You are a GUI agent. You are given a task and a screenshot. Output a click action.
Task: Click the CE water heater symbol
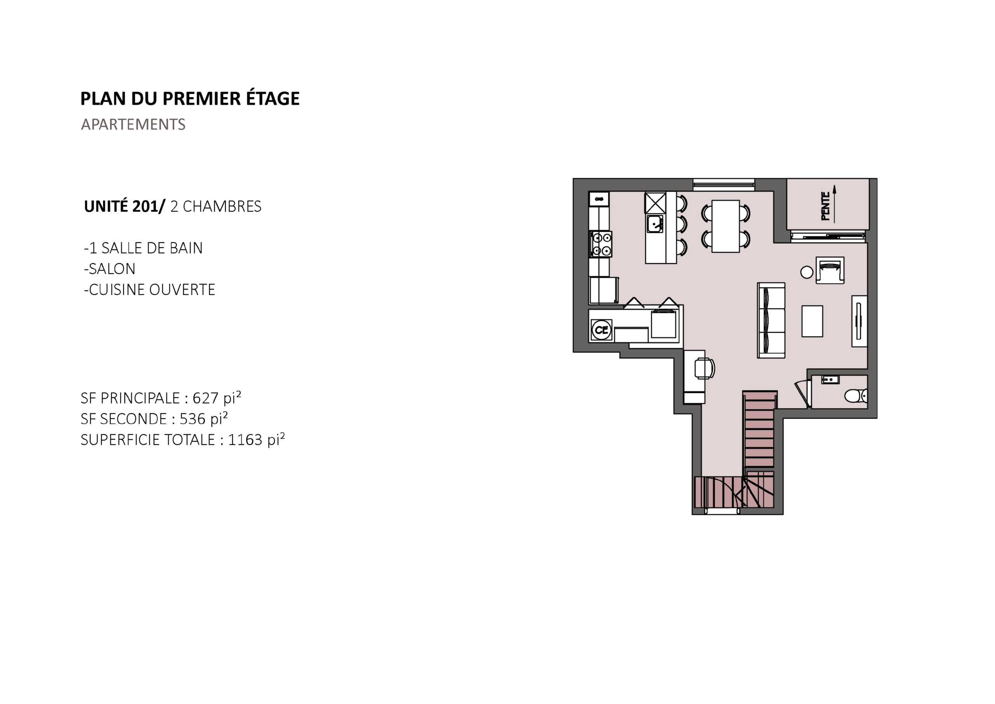[x=602, y=330]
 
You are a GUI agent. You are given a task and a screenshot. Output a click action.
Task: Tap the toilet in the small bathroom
[x=856, y=395]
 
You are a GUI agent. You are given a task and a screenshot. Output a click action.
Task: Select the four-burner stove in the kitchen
[x=600, y=244]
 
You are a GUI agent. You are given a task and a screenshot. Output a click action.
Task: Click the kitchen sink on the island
[x=655, y=224]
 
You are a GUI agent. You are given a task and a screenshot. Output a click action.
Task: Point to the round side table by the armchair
[x=806, y=272]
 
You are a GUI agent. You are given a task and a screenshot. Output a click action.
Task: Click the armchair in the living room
[x=830, y=270]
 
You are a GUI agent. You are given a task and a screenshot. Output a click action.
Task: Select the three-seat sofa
[x=771, y=320]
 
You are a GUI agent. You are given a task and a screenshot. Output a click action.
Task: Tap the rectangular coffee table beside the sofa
[x=812, y=321]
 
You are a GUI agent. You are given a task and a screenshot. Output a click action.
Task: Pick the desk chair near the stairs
[x=704, y=369]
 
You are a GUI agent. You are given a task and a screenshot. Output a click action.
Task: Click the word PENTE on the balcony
[x=826, y=206]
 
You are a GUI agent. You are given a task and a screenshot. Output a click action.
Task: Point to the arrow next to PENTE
[x=834, y=204]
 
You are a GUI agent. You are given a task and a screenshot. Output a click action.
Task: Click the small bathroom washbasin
[x=830, y=380]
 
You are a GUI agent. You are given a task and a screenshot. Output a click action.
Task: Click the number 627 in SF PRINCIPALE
[x=206, y=398]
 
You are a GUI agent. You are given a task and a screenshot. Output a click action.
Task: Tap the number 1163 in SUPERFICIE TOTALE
[x=245, y=440]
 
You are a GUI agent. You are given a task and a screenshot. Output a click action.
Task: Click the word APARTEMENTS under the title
[x=133, y=125]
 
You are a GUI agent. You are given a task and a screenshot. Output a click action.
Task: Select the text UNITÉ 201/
[x=125, y=206]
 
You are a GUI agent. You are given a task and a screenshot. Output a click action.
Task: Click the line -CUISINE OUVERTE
[x=150, y=290]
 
